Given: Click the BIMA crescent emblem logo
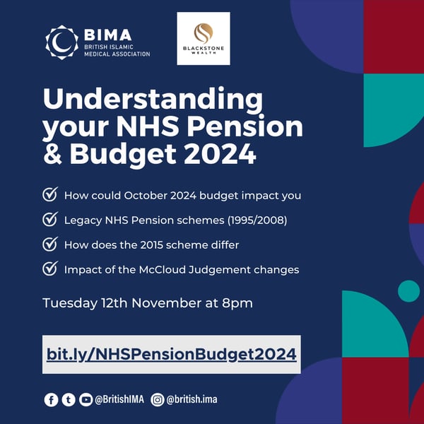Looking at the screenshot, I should [61, 42].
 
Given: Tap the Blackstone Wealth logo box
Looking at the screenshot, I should [204, 38].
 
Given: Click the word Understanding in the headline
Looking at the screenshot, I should [152, 98].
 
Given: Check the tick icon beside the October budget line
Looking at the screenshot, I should [50, 195].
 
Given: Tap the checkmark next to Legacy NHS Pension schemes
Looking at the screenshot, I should [50, 220].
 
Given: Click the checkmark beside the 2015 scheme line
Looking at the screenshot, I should [50, 244].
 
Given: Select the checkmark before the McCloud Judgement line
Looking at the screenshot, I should [50, 269].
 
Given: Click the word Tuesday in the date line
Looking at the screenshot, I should [69, 303].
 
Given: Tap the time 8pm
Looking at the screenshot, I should [237, 303].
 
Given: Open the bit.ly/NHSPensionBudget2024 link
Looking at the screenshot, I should [171, 354].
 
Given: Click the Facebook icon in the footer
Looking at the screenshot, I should [51, 400].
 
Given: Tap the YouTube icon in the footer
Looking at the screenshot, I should [86, 400].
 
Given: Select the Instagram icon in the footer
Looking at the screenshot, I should [158, 400].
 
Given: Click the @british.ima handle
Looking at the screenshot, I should [192, 400].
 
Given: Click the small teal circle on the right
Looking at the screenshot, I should [408, 290].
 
